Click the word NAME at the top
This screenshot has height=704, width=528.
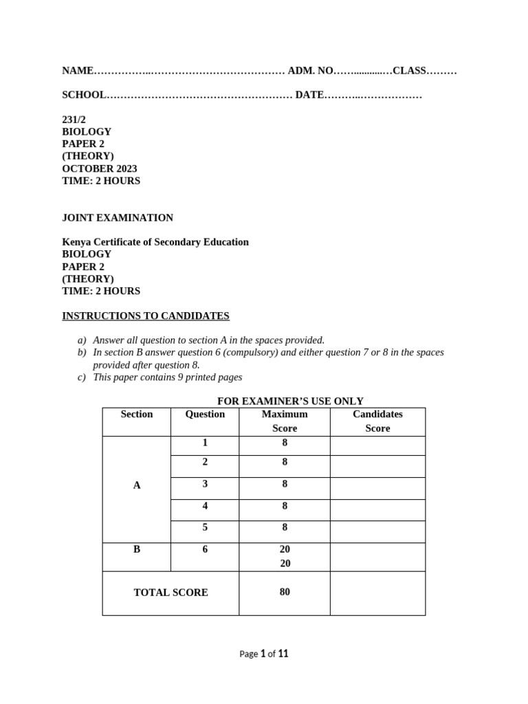[77, 71]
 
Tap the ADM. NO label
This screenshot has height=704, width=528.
[310, 71]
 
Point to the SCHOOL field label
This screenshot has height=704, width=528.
[84, 95]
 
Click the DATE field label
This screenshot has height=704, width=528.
[309, 95]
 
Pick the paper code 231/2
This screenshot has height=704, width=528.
[74, 120]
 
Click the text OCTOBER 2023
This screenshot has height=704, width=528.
[100, 168]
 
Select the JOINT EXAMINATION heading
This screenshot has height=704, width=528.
[118, 218]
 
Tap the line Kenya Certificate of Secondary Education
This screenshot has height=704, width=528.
[155, 242]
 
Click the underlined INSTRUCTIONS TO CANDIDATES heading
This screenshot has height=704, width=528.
[146, 316]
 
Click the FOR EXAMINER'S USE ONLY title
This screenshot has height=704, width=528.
[290, 401]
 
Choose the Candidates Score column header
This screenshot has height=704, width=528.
[377, 421]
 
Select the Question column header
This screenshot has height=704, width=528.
[205, 414]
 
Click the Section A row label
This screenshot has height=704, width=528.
[137, 485]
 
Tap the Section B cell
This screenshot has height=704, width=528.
[137, 549]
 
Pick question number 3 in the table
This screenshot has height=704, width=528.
[205, 484]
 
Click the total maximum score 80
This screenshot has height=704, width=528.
[285, 592]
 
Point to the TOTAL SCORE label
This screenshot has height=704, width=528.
[170, 593]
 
